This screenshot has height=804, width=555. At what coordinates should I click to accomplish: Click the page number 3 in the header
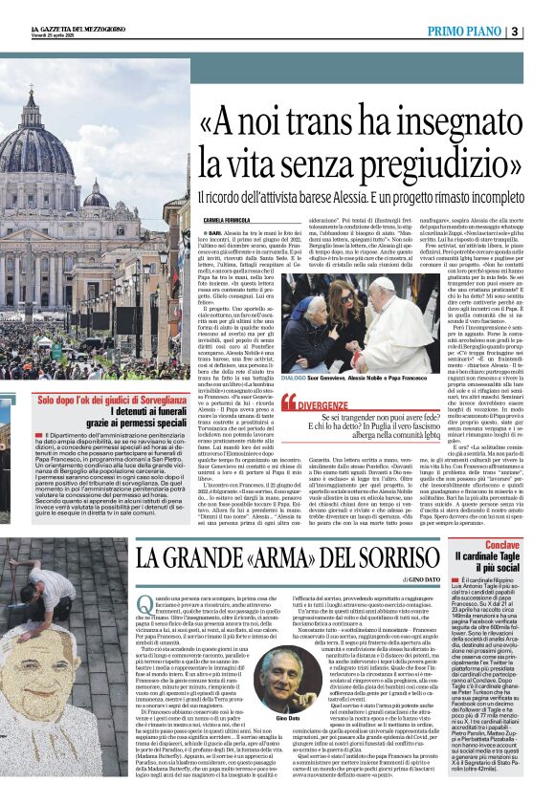coord(543,32)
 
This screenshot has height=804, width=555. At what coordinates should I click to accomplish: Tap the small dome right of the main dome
coord(97,196)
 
